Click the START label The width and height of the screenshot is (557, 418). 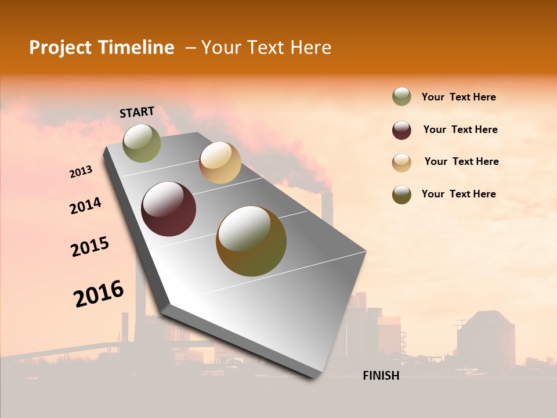tap(137, 112)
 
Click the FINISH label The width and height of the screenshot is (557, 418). tap(381, 376)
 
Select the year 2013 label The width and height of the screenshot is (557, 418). tap(81, 172)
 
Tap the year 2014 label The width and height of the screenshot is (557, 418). tap(85, 206)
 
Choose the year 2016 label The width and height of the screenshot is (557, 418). tap(99, 293)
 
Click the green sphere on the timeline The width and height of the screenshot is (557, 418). tap(142, 143)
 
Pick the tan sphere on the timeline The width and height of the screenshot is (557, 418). tap(220, 163)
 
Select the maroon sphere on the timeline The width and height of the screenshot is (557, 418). tap(169, 209)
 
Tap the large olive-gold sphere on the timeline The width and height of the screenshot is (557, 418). tap(251, 241)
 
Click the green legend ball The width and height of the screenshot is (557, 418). tap(402, 97)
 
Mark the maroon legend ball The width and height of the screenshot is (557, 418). tap(402, 130)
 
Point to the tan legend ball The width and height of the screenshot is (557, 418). tap(402, 163)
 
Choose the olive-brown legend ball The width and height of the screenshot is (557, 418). tap(402, 194)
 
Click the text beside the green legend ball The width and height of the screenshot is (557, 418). tap(458, 97)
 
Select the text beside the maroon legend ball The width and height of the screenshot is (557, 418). tap(460, 129)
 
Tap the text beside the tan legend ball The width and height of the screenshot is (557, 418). tap(461, 161)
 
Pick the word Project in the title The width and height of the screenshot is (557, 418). tap(60, 48)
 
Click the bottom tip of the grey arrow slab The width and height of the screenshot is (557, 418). tap(314, 377)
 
